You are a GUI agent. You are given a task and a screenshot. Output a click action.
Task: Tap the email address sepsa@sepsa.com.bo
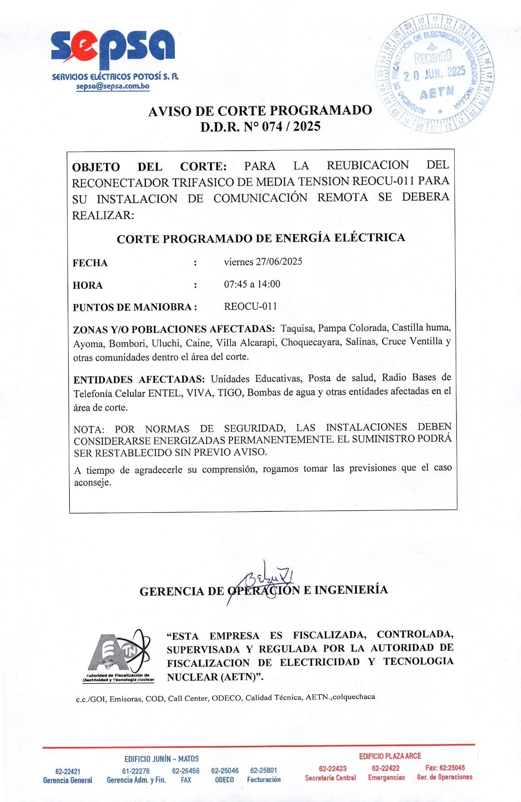click(x=113, y=86)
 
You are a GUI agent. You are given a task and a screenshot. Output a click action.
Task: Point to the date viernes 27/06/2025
click(x=263, y=262)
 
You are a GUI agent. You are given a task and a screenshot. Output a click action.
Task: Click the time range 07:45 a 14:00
click(x=252, y=284)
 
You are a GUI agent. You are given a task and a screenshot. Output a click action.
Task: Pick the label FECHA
click(x=90, y=263)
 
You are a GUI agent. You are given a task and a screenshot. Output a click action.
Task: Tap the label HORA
click(x=87, y=286)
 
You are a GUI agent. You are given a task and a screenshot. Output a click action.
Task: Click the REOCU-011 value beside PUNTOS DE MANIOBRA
click(x=250, y=306)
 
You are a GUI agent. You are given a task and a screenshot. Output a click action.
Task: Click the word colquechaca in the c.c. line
click(x=354, y=697)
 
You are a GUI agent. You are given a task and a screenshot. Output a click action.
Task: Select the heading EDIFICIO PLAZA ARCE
click(x=390, y=756)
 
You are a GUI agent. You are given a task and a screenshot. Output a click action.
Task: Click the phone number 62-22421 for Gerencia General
click(x=68, y=771)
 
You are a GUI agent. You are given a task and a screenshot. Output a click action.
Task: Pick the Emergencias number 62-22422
click(x=386, y=768)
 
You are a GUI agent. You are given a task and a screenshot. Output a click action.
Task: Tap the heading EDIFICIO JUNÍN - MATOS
click(x=161, y=759)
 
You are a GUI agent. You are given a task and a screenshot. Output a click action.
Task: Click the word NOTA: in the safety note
click(x=89, y=430)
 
